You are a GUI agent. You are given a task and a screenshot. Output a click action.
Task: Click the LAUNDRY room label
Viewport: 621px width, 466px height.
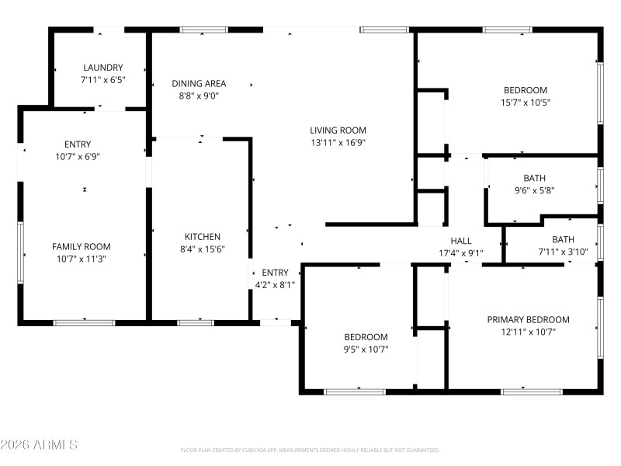(102, 68)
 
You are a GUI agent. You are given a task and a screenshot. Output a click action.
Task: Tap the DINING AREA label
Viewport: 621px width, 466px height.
(199, 84)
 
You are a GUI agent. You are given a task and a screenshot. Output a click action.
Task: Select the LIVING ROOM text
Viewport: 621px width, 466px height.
(338, 130)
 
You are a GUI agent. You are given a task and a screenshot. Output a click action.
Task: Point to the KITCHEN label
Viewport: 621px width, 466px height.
(202, 237)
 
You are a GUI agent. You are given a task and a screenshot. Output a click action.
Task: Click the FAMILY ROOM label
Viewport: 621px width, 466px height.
(82, 246)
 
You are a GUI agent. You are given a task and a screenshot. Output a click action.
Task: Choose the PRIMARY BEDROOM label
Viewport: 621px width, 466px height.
(528, 319)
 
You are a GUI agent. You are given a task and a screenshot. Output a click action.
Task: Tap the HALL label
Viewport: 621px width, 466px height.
(461, 241)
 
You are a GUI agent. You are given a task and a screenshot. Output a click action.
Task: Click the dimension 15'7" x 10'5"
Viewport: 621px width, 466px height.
(525, 103)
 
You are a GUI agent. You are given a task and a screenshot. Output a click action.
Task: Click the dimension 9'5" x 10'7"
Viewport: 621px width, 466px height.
(366, 349)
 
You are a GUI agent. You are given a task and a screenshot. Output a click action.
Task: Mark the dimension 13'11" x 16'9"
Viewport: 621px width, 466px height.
(338, 143)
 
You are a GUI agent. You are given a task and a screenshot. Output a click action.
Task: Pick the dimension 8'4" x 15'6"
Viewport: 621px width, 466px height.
(202, 249)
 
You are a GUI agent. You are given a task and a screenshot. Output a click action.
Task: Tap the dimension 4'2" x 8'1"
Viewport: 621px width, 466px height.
(275, 284)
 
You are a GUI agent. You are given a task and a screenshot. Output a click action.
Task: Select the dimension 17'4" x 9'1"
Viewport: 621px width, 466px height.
(461, 252)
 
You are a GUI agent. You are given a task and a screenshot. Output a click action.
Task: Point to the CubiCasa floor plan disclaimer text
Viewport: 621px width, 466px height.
(310, 450)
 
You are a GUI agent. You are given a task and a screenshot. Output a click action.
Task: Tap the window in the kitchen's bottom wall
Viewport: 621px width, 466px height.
(196, 322)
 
